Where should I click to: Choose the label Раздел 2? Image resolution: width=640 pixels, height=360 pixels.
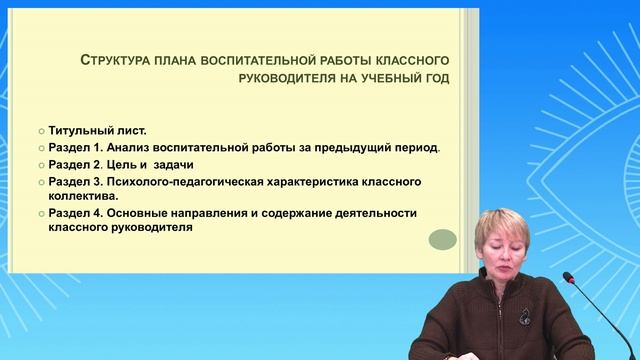74,165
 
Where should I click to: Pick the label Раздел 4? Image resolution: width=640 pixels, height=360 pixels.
74,213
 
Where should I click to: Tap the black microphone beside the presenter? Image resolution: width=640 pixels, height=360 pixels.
574,300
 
